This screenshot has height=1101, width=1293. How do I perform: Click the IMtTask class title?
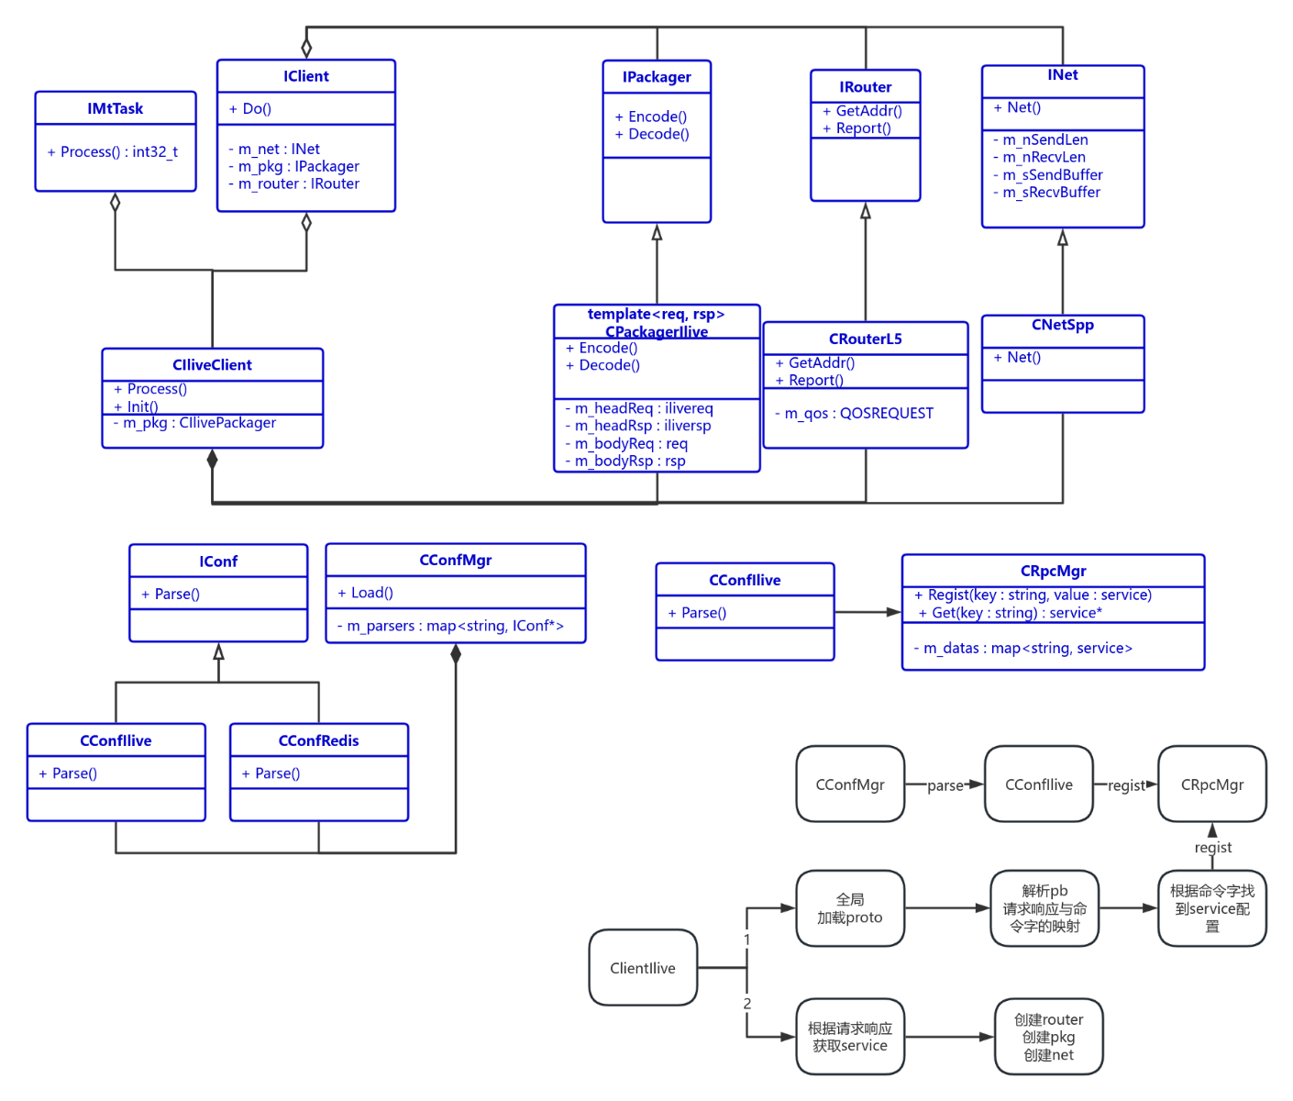116,108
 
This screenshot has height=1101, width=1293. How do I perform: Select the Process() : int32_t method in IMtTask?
113,152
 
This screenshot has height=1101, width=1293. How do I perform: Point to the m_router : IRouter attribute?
298,183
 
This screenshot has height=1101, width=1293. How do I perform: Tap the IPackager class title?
657,77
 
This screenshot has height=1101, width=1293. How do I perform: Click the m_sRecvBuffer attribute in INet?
1051,192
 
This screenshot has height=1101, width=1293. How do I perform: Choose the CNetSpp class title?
1062,325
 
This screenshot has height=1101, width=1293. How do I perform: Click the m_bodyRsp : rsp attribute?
625,461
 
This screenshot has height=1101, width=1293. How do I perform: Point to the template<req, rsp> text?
656,314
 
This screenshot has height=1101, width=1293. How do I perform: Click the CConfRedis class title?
318,740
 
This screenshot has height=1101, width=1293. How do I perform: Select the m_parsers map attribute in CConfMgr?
450,626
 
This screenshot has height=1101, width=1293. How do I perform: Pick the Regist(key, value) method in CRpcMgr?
1033,595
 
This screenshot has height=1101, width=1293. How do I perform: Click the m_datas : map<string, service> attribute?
1022,648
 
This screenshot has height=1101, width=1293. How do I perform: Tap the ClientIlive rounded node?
643,968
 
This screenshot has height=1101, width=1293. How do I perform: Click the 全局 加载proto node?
850,908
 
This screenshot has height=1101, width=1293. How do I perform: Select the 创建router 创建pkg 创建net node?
1048,1037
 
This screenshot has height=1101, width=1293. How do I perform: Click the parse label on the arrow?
945,785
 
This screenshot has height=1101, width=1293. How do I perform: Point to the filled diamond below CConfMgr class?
456,654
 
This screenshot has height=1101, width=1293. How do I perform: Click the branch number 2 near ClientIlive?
747,1004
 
